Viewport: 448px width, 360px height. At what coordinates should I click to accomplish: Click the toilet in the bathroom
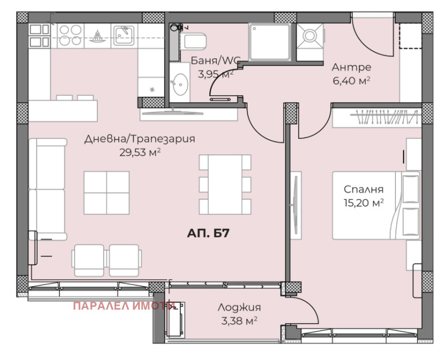pos(193,42)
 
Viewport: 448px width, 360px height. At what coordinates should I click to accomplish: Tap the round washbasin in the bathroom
pos(180,85)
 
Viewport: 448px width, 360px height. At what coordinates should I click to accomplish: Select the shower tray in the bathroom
pos(269,43)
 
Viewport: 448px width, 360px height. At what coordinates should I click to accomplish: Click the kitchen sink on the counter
pos(124,36)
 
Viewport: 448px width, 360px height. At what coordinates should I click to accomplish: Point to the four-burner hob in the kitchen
pos(71,35)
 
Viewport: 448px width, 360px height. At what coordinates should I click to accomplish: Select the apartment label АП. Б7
pos(208,233)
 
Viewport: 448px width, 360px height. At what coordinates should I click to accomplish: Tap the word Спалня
pos(363,189)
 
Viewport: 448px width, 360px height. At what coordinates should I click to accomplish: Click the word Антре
pos(352,67)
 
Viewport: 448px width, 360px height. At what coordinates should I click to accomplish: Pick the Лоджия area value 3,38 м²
pos(239,321)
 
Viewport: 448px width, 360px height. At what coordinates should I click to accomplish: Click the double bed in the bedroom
pos(376,205)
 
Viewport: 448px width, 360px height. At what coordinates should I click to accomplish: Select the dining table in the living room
pos(225,185)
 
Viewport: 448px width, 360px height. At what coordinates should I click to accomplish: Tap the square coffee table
pos(106,193)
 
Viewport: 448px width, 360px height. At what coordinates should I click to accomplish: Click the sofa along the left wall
pos(48,189)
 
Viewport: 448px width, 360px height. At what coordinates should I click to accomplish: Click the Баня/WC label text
pos(216,60)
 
